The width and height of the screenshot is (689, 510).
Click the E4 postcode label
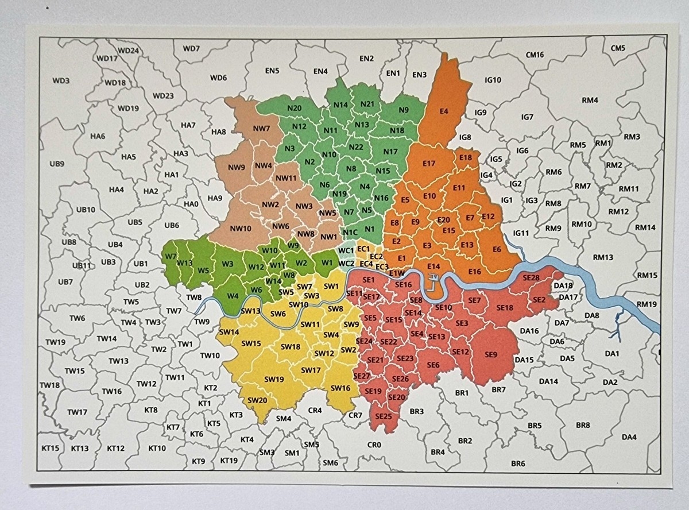443,111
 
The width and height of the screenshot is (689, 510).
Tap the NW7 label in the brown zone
261,128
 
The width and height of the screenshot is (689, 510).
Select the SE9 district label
490,354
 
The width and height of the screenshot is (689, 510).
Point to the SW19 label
274,379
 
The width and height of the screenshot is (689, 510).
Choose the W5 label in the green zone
203,271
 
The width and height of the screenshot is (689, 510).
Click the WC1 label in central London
346,251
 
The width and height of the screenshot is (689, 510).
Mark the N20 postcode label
295,109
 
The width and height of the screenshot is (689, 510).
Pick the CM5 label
618,48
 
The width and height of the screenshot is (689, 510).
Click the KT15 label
51,448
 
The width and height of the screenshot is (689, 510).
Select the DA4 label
629,437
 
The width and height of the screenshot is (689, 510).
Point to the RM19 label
647,304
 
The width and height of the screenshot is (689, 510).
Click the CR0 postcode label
374,445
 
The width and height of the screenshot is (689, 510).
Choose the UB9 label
57,164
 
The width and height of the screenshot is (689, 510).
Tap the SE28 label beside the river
531,277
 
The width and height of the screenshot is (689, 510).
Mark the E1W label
397,273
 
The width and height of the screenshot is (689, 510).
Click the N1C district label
350,232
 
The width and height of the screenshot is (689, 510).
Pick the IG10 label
493,80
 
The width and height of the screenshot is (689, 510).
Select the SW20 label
257,400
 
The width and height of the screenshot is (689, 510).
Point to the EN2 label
366,59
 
